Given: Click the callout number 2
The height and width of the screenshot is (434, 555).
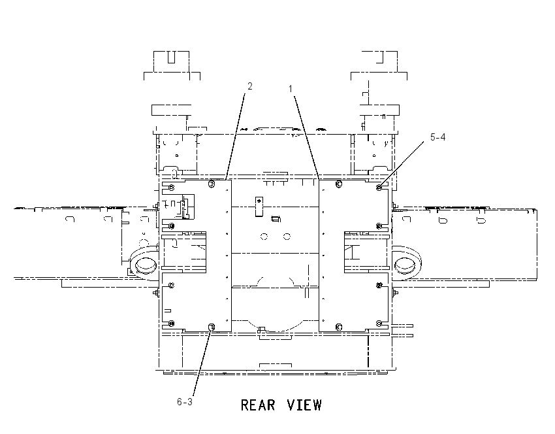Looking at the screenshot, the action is [250, 86].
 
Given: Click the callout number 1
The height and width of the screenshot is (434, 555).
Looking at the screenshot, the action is [291, 89].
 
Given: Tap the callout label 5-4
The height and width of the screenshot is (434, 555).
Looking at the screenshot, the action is [438, 137].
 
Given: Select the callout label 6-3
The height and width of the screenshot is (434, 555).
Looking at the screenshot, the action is [185, 402].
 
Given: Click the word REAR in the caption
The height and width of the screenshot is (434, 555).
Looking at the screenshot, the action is [258, 405].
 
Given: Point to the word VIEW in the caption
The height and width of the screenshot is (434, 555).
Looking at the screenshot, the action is [304, 405].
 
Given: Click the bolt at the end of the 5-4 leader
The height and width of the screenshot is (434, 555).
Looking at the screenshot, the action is [379, 188].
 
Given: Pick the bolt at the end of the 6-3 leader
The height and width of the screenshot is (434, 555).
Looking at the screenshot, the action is [212, 327].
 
